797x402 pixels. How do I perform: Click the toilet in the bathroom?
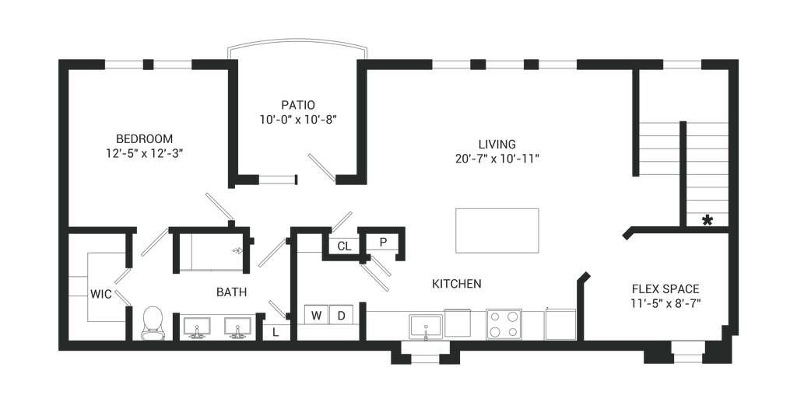(153, 322)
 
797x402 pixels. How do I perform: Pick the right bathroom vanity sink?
(235, 327)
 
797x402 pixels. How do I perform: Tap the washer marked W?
(316, 315)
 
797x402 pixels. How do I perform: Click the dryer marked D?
(341, 315)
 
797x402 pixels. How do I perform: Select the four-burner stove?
(504, 322)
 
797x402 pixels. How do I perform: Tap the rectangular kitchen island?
(497, 229)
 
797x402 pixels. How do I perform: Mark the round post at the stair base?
(707, 220)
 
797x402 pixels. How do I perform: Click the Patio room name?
(299, 103)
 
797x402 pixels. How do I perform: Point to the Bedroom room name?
(143, 138)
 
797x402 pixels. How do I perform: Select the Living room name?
(496, 144)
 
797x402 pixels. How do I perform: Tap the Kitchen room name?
(457, 283)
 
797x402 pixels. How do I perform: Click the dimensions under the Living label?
(497, 158)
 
